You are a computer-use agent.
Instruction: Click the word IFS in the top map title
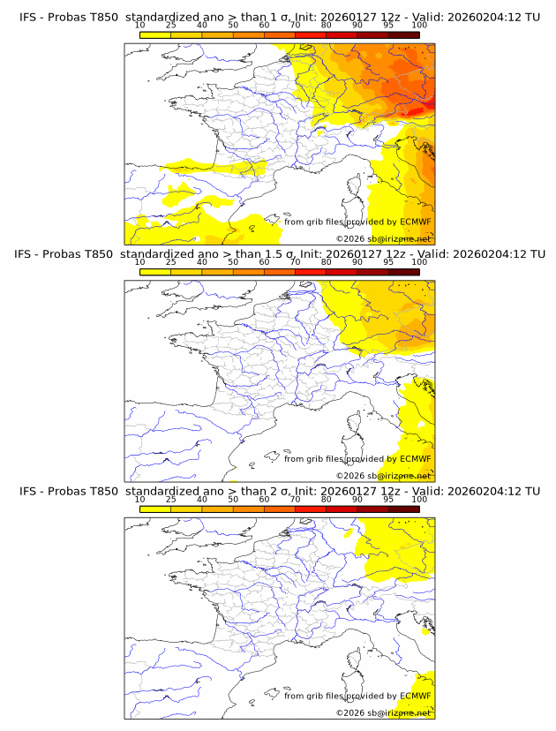coord(29,17)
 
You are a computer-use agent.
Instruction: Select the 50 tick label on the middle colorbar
coord(233,262)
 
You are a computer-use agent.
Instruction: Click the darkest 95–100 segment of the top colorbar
coord(403,34)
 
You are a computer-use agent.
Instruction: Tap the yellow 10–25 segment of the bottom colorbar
coord(154,509)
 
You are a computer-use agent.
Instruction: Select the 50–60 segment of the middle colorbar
coord(248,272)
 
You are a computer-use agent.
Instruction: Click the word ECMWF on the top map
coord(415,222)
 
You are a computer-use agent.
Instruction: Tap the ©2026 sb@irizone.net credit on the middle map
coord(383,475)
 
